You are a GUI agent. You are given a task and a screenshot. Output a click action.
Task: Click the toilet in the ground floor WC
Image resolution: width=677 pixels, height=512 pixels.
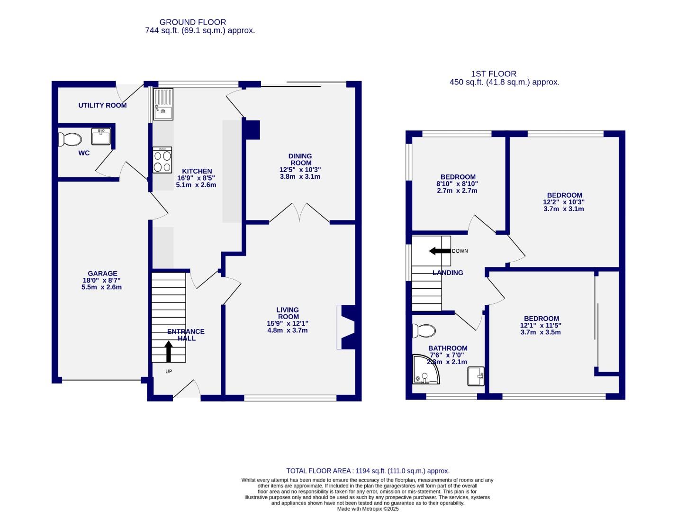(70, 139)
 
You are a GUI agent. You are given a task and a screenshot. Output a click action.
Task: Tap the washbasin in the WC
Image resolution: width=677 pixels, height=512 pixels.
(101, 137)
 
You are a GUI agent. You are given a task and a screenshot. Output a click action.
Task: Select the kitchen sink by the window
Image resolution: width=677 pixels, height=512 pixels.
(163, 105)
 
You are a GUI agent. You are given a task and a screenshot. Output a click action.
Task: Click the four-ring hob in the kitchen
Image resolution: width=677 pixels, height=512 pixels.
(162, 160)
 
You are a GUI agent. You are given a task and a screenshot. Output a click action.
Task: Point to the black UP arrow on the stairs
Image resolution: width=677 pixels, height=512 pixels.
(168, 352)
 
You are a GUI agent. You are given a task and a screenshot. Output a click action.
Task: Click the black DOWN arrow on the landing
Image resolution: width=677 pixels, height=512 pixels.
(439, 251)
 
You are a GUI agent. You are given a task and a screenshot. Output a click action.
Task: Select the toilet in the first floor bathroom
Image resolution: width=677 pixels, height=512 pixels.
(424, 330)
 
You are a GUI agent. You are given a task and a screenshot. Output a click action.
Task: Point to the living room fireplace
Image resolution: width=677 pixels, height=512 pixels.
(346, 327)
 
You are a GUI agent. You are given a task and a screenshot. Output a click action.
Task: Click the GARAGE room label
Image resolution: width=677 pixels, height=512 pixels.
(102, 274)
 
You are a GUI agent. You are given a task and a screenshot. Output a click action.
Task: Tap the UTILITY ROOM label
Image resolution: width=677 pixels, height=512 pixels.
(102, 105)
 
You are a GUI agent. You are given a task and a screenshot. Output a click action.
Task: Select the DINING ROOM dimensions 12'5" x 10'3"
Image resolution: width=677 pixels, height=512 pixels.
(300, 170)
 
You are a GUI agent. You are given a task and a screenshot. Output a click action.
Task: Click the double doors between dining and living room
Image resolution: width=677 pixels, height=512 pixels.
(299, 213)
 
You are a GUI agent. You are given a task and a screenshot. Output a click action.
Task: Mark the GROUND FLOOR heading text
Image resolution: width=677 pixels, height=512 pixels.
(192, 22)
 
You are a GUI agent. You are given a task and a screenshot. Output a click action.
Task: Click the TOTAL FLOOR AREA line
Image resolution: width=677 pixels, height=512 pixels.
(368, 471)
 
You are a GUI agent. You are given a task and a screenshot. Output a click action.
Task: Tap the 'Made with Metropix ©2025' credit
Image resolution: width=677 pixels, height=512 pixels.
(368, 509)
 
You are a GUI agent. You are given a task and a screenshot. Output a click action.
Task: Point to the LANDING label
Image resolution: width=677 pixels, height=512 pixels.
(448, 273)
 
